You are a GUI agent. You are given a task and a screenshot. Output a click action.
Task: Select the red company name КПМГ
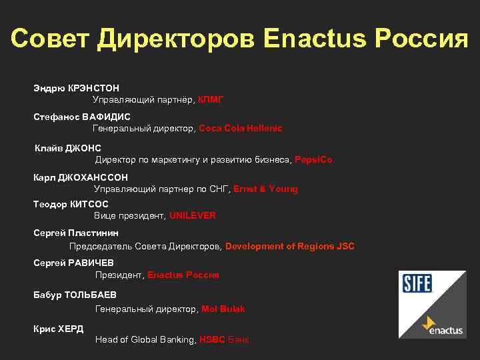[x=211, y=99]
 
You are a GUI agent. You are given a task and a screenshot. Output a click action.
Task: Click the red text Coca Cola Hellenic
[x=241, y=128]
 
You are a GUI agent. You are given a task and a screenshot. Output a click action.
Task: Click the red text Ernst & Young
[x=265, y=189]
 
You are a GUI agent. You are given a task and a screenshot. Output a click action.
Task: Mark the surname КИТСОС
[x=89, y=204]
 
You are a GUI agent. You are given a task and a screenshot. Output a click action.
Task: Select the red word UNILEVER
[x=193, y=216]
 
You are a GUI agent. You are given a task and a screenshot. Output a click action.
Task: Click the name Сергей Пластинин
[x=76, y=233]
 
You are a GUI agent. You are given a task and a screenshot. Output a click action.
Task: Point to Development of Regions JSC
[x=290, y=246]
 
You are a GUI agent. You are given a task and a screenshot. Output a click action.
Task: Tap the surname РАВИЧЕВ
[x=91, y=263]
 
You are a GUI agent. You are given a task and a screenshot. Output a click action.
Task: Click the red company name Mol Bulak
[x=223, y=309]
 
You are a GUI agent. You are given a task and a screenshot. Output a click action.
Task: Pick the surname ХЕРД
[x=71, y=329]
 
